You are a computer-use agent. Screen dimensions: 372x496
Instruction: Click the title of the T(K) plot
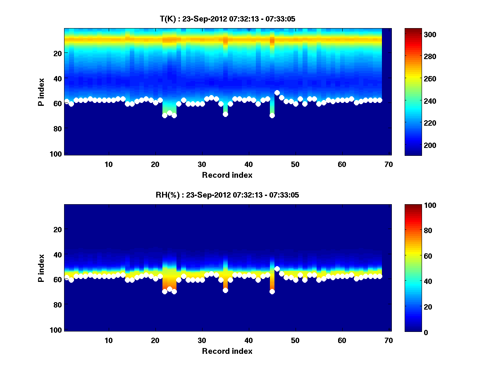click(227, 19)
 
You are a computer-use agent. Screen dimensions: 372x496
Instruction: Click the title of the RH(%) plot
click(227, 195)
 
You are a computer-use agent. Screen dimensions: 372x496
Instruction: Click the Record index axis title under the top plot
click(227, 175)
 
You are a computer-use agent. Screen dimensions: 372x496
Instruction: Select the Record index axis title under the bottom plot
click(227, 351)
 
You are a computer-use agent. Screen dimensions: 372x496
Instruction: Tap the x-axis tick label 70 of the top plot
click(389, 164)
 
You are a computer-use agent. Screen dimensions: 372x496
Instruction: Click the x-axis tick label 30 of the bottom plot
click(202, 340)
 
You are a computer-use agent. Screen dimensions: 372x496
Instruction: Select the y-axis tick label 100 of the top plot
click(57, 154)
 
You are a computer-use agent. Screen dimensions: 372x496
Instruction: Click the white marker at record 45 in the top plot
click(272, 115)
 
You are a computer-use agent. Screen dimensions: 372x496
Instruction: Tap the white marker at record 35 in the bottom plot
click(225, 290)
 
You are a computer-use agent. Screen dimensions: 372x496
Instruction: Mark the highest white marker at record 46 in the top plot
click(277, 93)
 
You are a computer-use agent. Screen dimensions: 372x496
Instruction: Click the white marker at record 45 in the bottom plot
click(272, 291)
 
